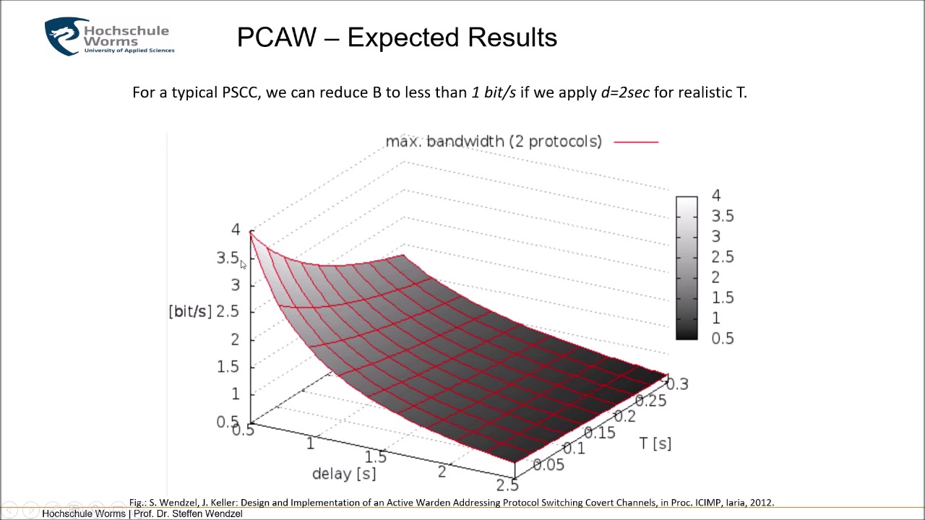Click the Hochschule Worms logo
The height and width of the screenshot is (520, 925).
pos(109,37)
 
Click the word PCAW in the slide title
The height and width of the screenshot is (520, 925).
pos(277,38)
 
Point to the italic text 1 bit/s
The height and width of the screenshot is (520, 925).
pos(494,92)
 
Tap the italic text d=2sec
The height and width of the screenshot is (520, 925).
pos(625,92)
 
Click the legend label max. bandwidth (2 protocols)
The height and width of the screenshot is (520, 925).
pos(494,142)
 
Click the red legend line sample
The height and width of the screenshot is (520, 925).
pos(636,142)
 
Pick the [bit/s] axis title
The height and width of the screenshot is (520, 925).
pos(190,311)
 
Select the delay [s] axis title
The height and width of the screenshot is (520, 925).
pos(344,474)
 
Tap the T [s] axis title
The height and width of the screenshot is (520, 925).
pos(655,443)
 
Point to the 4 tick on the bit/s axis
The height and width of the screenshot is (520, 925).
pos(236,230)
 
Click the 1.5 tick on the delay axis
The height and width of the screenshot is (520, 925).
pos(376,456)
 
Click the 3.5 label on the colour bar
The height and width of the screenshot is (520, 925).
pos(722,216)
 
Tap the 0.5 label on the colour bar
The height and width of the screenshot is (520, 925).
pos(722,338)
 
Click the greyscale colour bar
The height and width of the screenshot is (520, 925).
pos(687,267)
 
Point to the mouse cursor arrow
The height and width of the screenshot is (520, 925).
pos(243,265)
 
